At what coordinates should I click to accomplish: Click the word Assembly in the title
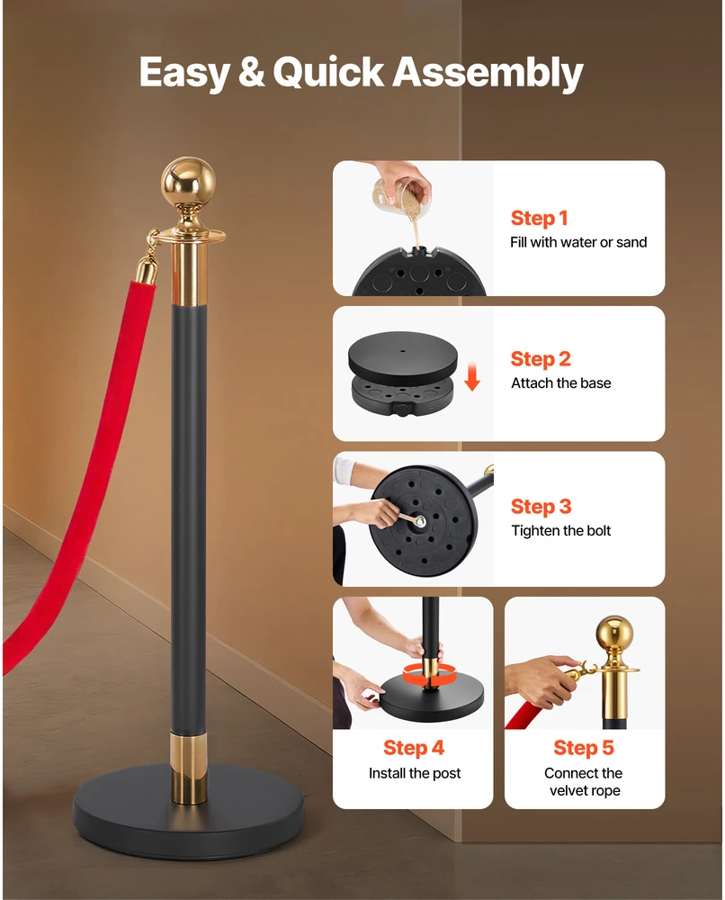487,74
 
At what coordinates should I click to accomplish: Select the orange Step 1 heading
539,218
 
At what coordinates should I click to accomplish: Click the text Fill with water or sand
578,242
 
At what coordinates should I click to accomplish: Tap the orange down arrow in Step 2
472,376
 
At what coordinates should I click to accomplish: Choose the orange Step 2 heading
541,359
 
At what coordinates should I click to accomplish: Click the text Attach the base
561,382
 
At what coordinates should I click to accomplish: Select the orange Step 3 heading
541,506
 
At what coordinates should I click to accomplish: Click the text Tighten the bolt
561,530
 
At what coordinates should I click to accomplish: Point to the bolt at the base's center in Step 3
421,521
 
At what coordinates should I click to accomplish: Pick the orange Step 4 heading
414,748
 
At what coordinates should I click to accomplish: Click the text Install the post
414,773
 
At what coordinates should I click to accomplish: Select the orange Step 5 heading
583,748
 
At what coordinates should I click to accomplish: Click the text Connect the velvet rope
584,782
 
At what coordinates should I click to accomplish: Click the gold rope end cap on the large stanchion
147,270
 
